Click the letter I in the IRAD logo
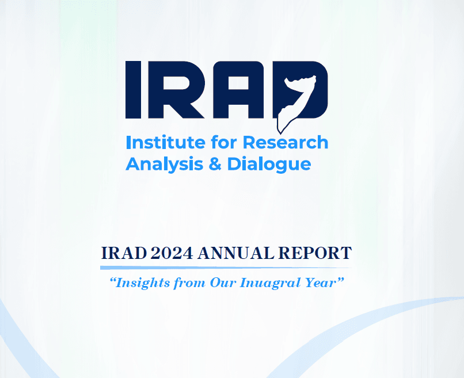[x=133, y=90]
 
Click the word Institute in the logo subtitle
[x=166, y=142]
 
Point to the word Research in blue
[x=286, y=142]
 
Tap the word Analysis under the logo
[x=165, y=164]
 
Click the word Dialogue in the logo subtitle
[x=269, y=164]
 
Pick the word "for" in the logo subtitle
[x=224, y=142]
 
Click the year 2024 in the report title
[x=172, y=254]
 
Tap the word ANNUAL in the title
[x=236, y=254]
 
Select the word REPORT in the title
[x=315, y=254]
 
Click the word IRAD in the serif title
[x=124, y=254]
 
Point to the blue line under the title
[x=226, y=268]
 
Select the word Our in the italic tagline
[x=223, y=283]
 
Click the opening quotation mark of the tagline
[x=112, y=280]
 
